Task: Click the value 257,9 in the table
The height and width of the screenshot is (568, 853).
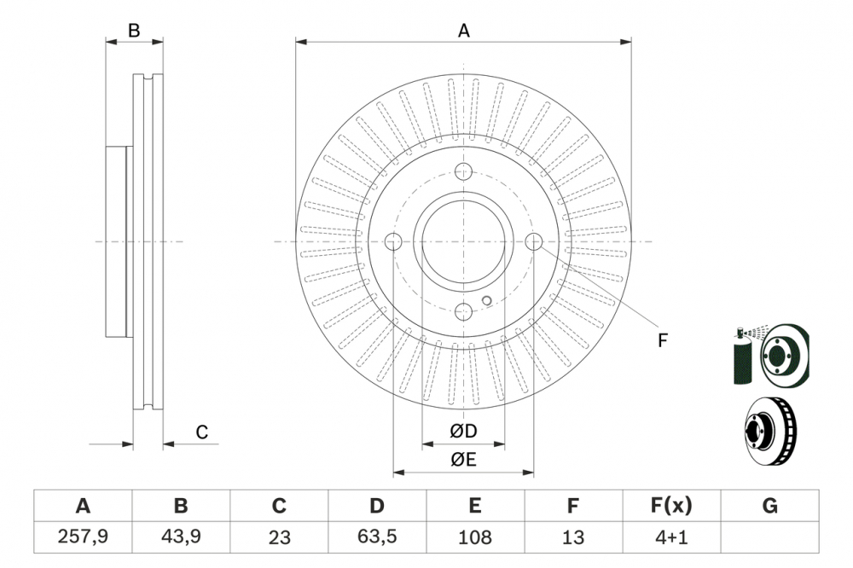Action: coord(83,536)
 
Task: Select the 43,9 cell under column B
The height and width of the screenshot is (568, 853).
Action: coord(181,536)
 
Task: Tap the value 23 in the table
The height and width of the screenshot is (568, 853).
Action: coord(279,536)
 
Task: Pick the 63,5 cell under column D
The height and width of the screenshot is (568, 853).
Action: coord(377,536)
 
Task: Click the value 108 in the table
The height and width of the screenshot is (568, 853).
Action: coord(475,536)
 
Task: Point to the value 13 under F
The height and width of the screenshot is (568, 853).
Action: coord(573,536)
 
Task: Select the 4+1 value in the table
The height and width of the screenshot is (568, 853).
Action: coord(671,536)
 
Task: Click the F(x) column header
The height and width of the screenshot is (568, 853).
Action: coord(671,506)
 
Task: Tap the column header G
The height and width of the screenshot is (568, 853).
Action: coord(769,506)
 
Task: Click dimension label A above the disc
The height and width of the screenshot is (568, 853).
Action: coord(463,31)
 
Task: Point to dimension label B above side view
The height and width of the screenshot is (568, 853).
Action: coord(134,31)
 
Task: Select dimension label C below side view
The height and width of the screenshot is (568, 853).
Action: coord(202,432)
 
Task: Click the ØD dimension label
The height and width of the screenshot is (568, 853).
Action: coord(463,432)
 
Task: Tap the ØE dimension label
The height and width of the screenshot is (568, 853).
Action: coord(463,460)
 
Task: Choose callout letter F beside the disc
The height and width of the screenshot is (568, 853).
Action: coord(662,340)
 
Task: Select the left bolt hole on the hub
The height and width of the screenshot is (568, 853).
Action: coord(393,242)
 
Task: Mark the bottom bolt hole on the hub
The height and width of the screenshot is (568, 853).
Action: coord(463,312)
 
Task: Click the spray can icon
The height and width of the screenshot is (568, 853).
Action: coord(742,356)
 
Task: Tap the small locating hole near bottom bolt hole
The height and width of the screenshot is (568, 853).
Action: coord(486,299)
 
